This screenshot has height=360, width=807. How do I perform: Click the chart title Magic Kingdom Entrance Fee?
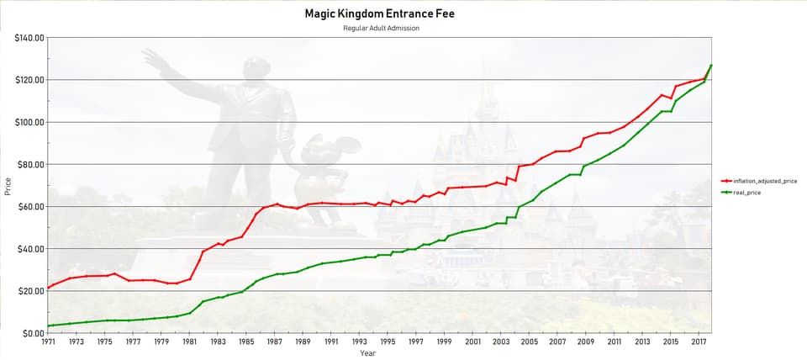tap(381, 14)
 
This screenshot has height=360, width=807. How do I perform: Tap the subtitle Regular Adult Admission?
tap(381, 28)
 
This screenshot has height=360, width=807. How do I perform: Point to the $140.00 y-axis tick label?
tap(29, 38)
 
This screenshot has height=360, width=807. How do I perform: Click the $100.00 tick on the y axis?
tap(29, 122)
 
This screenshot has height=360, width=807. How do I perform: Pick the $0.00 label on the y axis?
tap(33, 333)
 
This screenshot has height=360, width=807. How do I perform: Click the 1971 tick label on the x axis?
tap(48, 342)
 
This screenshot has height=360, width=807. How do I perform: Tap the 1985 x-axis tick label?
tap(246, 342)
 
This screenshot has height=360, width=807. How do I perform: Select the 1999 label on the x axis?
tap(444, 342)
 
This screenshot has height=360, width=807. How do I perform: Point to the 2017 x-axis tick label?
tap(699, 342)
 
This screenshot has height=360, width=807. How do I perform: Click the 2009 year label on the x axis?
tap(586, 342)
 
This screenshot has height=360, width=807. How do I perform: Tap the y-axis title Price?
tap(8, 186)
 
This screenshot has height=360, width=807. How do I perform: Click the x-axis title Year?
tap(368, 353)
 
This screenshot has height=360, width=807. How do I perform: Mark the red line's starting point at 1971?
tap(48, 288)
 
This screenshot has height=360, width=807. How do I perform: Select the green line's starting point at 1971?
tap(48, 326)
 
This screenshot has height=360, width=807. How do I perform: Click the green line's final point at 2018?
tap(711, 65)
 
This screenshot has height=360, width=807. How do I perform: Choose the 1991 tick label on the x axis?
tap(331, 342)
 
